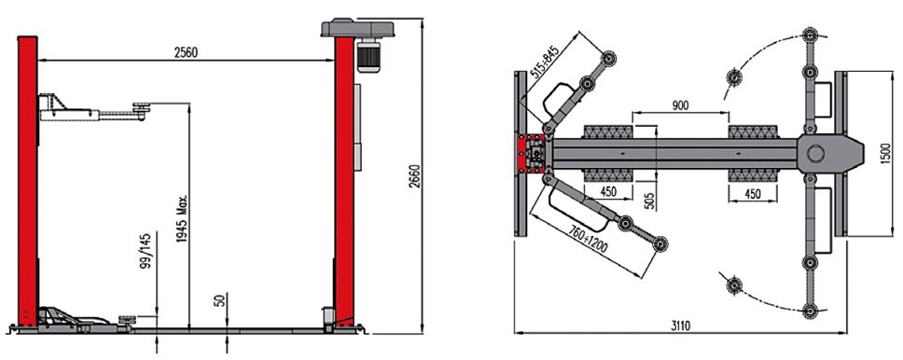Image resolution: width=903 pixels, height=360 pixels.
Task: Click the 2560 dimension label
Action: [186, 52]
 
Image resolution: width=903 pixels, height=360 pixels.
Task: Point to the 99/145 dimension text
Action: [146, 251]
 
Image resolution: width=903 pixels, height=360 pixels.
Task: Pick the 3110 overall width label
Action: [679, 325]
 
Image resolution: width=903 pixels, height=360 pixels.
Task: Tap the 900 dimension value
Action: [680, 105]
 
